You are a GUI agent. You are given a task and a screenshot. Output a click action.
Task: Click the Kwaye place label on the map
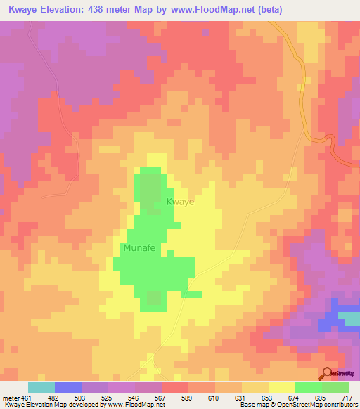pos(180,202)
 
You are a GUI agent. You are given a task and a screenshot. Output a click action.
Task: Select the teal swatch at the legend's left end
pos(41,387)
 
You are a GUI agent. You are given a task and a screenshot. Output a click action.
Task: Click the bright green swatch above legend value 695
pos(309,387)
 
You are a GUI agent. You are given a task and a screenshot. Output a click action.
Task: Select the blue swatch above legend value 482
pos(68,387)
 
